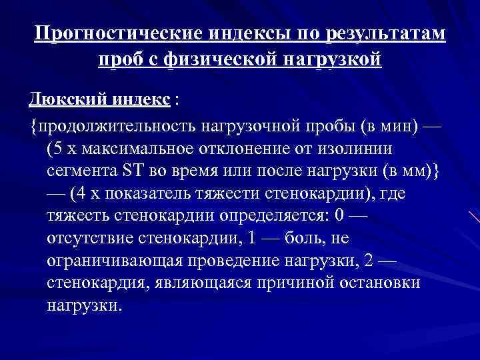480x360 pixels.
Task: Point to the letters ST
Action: (131, 170)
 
